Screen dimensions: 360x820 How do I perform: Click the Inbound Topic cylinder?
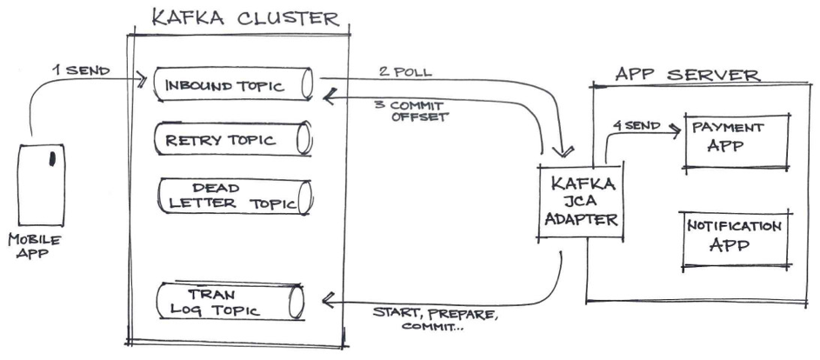(233, 84)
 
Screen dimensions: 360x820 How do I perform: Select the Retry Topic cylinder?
(233, 138)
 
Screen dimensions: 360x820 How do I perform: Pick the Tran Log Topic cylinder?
(233, 300)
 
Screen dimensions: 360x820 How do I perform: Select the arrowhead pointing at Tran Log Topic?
(328, 301)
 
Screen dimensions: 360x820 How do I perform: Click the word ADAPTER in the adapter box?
(581, 221)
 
